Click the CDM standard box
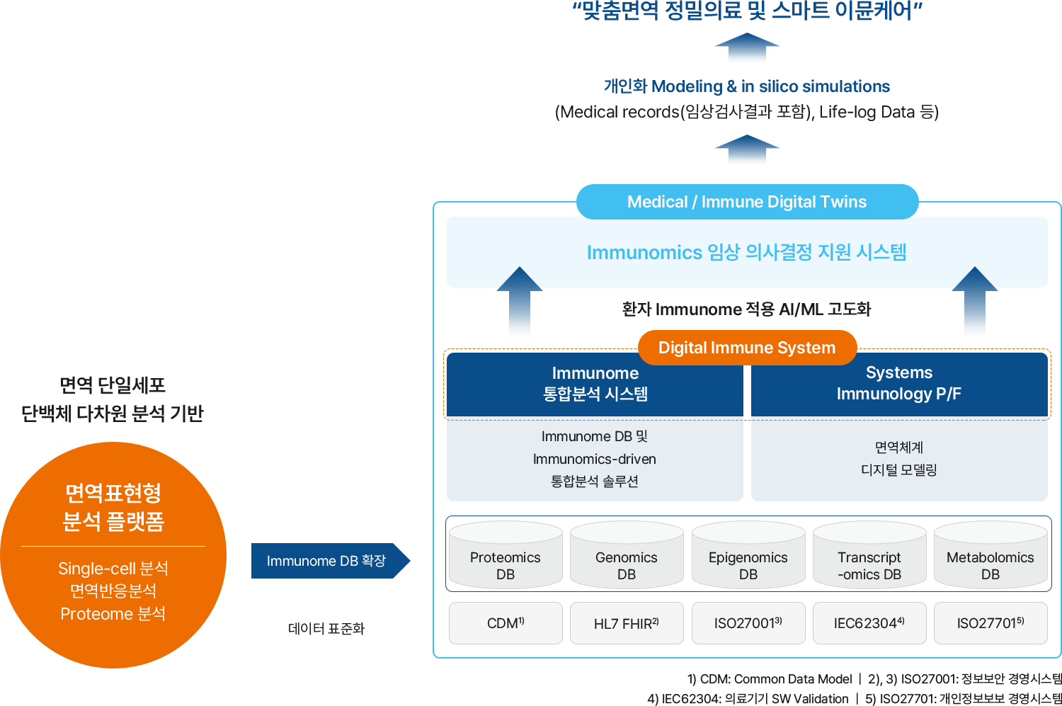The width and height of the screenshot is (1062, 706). click(x=506, y=623)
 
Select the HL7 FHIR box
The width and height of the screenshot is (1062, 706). click(x=627, y=623)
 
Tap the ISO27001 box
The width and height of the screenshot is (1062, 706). click(x=748, y=623)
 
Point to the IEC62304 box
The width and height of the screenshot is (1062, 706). click(x=869, y=623)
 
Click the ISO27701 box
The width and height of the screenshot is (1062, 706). click(x=990, y=623)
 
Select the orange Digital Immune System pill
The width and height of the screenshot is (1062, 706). click(x=747, y=348)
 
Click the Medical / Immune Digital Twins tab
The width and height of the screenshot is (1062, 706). click(x=747, y=202)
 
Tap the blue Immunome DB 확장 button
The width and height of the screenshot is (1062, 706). click(x=326, y=561)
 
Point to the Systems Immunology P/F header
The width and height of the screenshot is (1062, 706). click(x=899, y=383)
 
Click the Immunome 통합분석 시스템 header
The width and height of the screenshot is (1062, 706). click(x=595, y=383)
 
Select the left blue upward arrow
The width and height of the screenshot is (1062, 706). click(x=520, y=297)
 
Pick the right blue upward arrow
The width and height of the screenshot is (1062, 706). click(x=975, y=297)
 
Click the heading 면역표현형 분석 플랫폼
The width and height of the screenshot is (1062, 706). click(x=113, y=506)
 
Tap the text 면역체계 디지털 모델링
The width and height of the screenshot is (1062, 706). click(x=899, y=458)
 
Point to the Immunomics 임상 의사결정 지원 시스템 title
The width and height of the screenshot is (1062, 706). click(x=747, y=252)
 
